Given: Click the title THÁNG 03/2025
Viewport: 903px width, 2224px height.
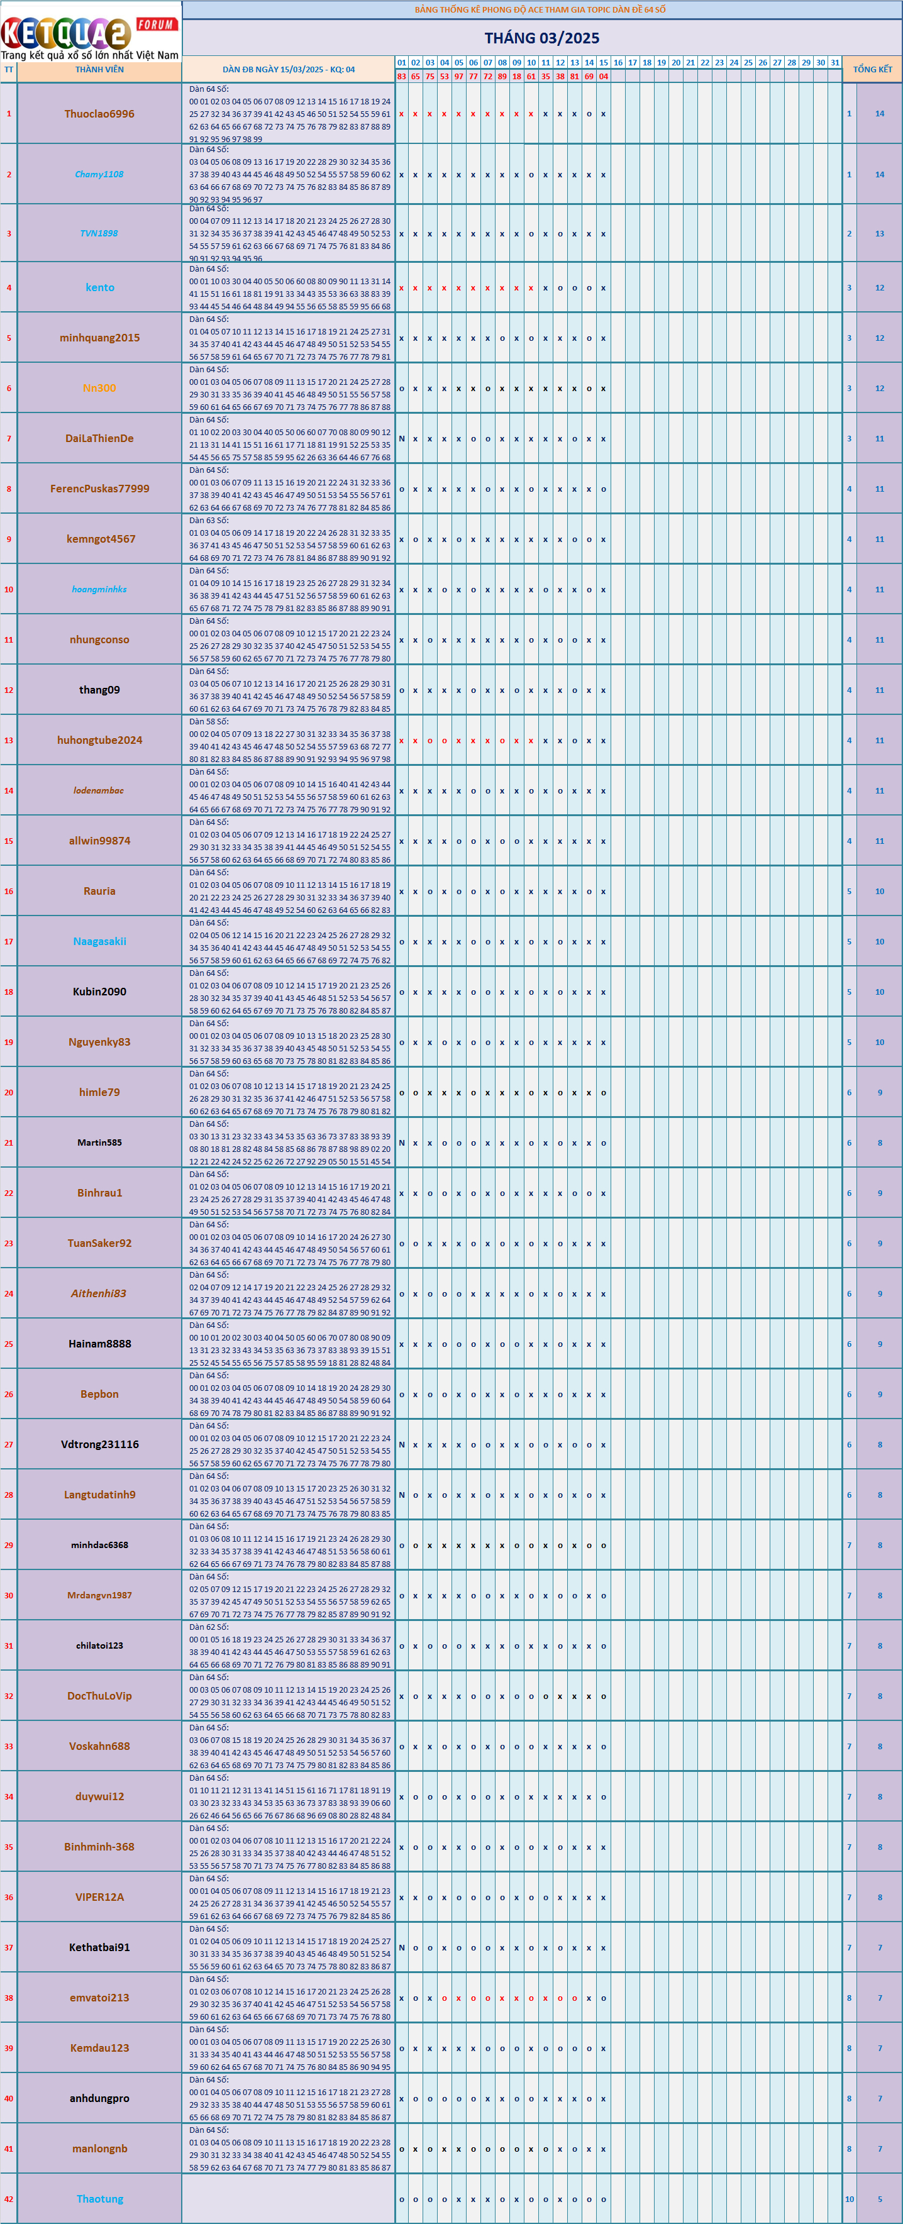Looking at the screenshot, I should pos(541,38).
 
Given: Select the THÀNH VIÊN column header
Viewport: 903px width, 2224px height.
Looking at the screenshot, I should pos(99,70).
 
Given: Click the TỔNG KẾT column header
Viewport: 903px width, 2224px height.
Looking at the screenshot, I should pos(872,69).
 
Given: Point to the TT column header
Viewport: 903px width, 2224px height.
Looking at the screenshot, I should pos(9,70).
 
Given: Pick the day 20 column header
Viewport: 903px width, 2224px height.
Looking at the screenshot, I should pos(676,63).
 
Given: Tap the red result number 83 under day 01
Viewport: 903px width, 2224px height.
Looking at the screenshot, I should pos(401,77).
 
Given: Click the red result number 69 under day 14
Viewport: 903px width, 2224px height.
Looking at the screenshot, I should pos(589,77).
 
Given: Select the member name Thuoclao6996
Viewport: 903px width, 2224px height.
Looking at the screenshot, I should pos(99,114).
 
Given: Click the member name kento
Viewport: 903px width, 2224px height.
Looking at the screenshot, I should pos(99,287).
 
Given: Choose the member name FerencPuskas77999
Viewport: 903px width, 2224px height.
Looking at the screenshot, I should pos(99,489).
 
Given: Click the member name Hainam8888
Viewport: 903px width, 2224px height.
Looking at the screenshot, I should pos(99,1344).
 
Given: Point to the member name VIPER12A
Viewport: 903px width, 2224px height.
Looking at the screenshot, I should pos(99,1898).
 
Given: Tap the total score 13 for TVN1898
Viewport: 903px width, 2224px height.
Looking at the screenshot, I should pos(880,234).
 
